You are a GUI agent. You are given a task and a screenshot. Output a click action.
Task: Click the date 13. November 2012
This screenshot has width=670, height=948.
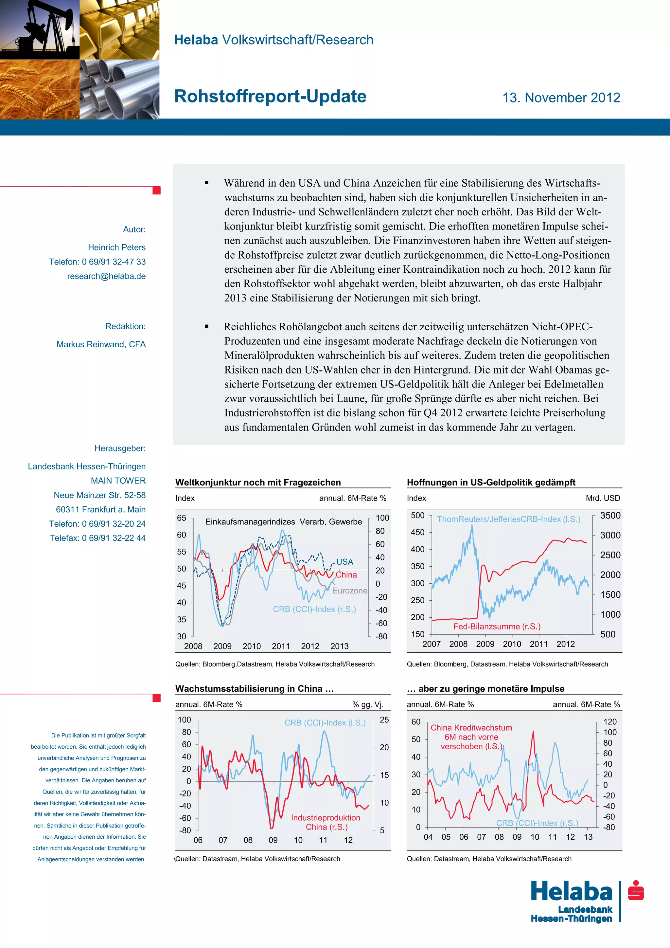tap(561, 98)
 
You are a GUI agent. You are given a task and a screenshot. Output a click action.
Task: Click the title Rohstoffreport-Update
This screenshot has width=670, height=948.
tap(270, 97)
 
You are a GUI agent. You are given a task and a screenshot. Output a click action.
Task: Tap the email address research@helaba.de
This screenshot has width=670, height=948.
tap(106, 276)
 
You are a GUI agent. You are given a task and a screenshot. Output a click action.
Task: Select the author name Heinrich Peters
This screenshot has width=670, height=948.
tap(116, 247)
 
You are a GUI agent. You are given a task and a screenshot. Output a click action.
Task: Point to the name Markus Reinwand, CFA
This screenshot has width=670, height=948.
tap(101, 344)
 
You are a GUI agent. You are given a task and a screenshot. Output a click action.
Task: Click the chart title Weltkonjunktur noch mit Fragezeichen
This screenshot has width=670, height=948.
tap(258, 482)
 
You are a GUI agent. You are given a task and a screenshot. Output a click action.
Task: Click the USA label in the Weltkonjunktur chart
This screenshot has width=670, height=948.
tap(344, 561)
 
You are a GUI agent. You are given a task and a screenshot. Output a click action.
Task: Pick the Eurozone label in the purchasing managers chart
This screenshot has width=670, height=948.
tap(349, 591)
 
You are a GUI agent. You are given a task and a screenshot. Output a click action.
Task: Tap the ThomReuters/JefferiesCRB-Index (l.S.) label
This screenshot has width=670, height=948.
tap(508, 519)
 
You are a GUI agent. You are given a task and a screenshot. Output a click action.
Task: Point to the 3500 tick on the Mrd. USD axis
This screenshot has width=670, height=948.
tap(610, 516)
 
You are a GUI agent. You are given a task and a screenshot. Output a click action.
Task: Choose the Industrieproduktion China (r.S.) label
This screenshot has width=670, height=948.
tap(326, 822)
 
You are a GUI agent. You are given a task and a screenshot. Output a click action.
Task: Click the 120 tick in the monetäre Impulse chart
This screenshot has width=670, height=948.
tap(610, 722)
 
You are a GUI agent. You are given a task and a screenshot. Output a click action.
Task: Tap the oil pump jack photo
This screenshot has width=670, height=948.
tap(40, 29)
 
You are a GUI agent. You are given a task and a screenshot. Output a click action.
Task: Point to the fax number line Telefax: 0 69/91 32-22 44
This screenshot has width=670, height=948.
tap(97, 538)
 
